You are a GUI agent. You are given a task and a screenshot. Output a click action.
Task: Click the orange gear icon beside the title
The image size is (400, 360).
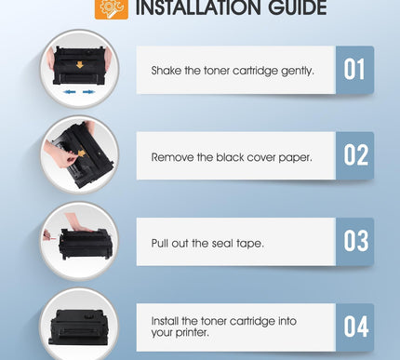pyautogui.click(x=113, y=8)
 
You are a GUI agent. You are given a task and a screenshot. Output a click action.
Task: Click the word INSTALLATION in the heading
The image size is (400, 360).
pyautogui.click(x=196, y=9)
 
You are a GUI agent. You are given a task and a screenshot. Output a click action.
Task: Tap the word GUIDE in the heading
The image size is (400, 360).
pyautogui.click(x=293, y=9)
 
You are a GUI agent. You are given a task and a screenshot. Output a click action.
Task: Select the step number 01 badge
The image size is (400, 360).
pyautogui.click(x=354, y=70)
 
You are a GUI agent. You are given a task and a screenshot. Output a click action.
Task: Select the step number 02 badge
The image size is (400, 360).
pyautogui.click(x=354, y=155)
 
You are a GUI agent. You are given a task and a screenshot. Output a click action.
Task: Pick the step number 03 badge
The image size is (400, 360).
pyautogui.click(x=354, y=242)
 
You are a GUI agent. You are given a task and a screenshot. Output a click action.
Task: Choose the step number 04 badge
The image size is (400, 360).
pyautogui.click(x=354, y=327)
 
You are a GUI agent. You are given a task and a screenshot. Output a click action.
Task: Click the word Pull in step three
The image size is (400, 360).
pyautogui.click(x=161, y=244)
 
